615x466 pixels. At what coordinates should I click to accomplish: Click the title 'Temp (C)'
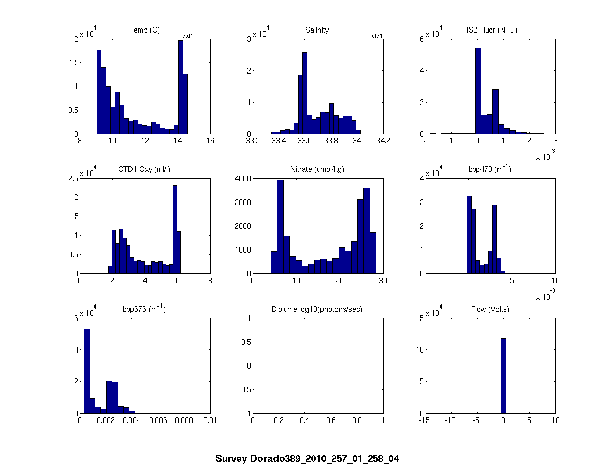(144, 30)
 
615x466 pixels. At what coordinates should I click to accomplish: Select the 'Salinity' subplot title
(317, 30)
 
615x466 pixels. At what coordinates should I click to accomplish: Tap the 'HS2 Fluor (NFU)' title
(490, 30)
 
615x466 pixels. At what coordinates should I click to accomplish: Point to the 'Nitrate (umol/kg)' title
(317, 170)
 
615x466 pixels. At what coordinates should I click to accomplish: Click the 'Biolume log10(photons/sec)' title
(317, 310)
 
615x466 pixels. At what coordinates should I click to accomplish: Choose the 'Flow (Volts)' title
(490, 310)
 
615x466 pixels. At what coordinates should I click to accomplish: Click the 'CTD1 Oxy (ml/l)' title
(144, 170)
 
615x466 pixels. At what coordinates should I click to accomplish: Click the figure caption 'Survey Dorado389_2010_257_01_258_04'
(307, 459)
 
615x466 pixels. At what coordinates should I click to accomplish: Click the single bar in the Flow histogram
(503, 375)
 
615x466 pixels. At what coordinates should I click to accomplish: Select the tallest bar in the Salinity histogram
(305, 93)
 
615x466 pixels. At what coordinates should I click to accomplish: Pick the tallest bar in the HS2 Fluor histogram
(478, 91)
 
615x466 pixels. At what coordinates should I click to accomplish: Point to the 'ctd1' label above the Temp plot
(188, 36)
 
